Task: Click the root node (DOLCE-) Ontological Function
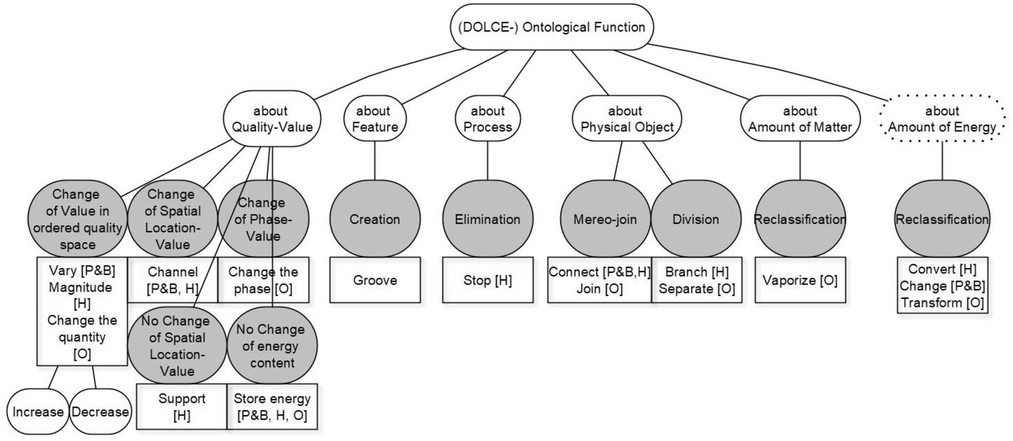tap(552, 27)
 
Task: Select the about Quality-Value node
tap(272, 119)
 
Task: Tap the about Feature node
tap(375, 119)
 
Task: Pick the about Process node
tap(488, 119)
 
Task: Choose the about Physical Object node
tap(627, 119)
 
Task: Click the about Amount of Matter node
tap(800, 119)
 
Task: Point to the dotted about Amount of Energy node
tap(942, 119)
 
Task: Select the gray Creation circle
tap(375, 219)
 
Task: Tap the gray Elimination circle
tap(488, 219)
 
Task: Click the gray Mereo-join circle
tap(605, 219)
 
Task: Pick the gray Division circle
tap(696, 219)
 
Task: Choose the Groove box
tap(375, 280)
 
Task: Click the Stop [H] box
tap(488, 280)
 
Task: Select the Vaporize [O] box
tap(800, 280)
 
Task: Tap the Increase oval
tap(38, 412)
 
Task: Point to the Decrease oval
tap(100, 412)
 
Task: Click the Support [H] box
tap(182, 407)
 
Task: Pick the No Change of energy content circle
tap(272, 346)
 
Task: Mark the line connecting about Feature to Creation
tap(375, 160)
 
